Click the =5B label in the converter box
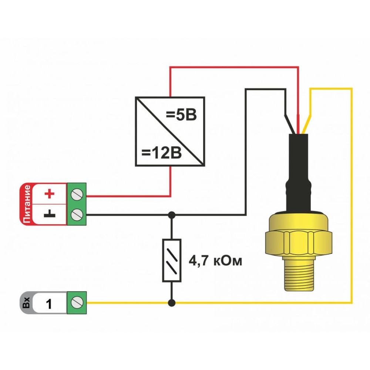[181, 115]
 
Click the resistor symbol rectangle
[172, 260]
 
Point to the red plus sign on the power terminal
[49, 194]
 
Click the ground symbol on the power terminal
[49, 214]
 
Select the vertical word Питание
[26, 204]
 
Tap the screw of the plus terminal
[77, 194]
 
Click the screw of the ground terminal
[77, 214]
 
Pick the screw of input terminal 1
[77, 303]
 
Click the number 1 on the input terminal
[49, 304]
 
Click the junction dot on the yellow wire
[171, 303]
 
